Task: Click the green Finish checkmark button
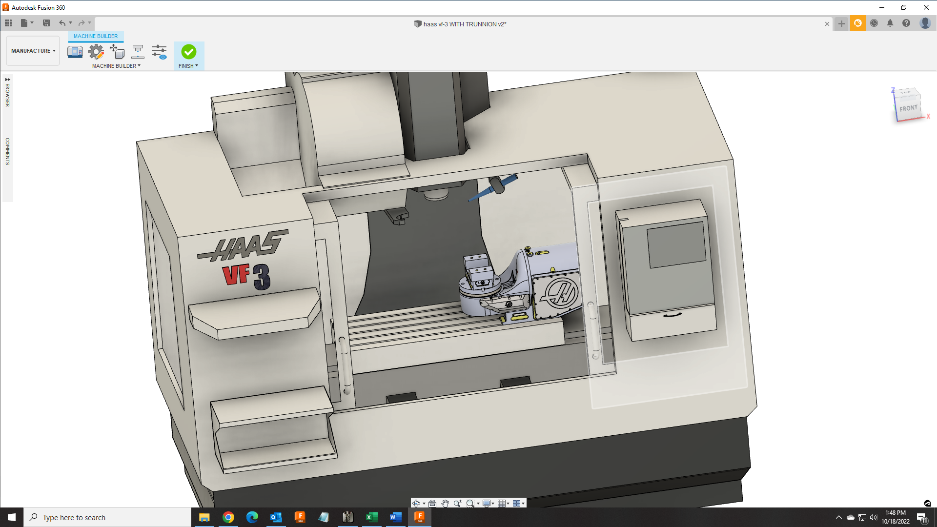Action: click(189, 52)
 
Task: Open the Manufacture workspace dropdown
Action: click(33, 51)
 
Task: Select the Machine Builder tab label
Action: click(96, 36)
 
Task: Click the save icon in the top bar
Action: click(46, 23)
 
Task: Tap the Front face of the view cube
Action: click(908, 108)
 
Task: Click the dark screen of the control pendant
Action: click(676, 244)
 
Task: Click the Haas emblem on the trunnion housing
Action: click(561, 293)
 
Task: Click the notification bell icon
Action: click(890, 23)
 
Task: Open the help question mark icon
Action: click(906, 23)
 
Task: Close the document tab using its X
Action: click(827, 24)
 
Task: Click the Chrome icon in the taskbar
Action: click(228, 517)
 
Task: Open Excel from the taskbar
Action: click(372, 517)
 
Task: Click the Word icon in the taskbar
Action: click(396, 517)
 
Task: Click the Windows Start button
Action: click(12, 517)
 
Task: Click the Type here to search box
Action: click(107, 517)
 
